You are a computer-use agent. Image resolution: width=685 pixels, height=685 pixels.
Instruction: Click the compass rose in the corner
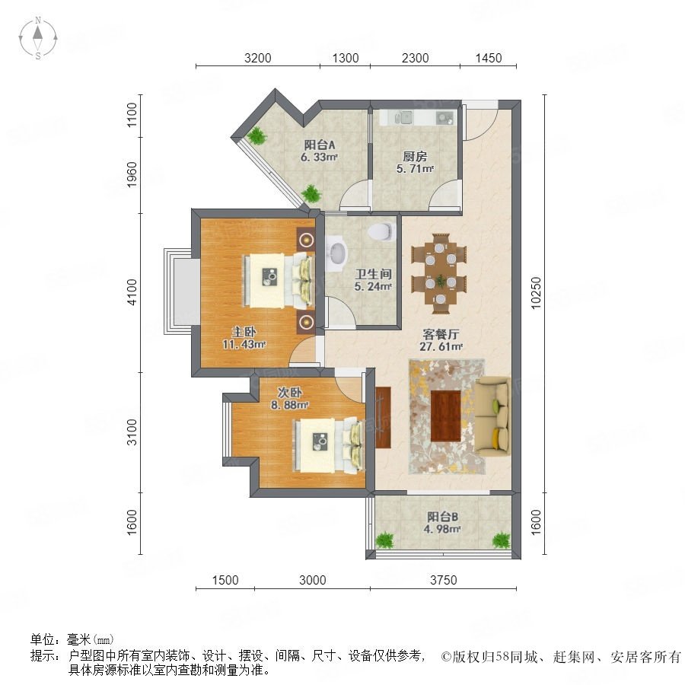(x=38, y=37)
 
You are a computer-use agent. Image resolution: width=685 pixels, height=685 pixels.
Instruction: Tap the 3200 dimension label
(x=258, y=58)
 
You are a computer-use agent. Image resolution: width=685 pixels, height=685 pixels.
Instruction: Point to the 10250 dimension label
(x=536, y=293)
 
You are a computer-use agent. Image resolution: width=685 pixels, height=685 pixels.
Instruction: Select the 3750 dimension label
(x=444, y=580)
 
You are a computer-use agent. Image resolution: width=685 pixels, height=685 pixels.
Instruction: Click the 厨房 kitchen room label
(x=415, y=156)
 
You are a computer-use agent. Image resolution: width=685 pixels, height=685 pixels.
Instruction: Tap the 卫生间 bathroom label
(x=373, y=274)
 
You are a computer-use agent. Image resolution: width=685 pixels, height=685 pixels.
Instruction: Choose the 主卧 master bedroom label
(x=244, y=332)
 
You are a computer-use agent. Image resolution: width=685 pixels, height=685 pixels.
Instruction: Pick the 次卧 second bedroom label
(x=289, y=392)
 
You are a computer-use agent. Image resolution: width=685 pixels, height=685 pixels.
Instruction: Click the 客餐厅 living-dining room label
(x=441, y=334)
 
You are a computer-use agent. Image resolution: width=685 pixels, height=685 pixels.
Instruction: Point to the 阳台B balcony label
(x=442, y=517)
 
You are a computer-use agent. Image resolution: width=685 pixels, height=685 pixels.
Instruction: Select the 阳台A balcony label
(x=320, y=145)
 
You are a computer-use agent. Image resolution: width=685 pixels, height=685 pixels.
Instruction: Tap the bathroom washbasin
(x=337, y=253)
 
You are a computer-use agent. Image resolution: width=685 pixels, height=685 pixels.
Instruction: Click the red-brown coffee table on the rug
(x=445, y=416)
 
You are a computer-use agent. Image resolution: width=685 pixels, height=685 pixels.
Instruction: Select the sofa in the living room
(x=492, y=416)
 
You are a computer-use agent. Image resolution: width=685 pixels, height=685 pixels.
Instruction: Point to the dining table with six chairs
(x=439, y=274)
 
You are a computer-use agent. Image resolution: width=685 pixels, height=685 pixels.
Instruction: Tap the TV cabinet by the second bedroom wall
(x=383, y=417)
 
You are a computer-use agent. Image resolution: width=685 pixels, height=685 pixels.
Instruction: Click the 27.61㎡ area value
(x=441, y=347)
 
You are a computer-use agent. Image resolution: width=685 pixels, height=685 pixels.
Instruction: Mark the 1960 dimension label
(x=132, y=175)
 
